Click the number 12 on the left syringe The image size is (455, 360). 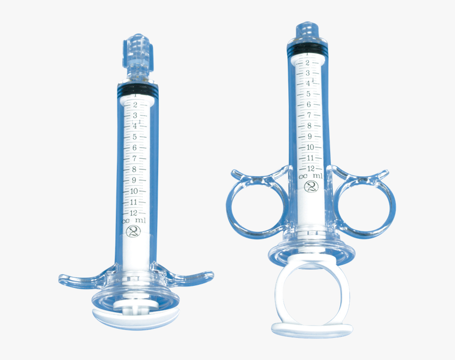[133, 212]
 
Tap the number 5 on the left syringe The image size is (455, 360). [135, 137]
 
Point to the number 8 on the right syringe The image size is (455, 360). [309, 125]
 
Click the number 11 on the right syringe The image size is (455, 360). [310, 157]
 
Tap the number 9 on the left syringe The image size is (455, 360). [134, 180]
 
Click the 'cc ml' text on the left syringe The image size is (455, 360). [133, 220]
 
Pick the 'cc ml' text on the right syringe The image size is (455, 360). [311, 176]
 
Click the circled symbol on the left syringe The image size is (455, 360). [134, 231]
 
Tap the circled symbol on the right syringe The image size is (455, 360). [312, 186]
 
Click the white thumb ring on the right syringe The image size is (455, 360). [312, 296]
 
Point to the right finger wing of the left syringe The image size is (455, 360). [188, 277]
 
